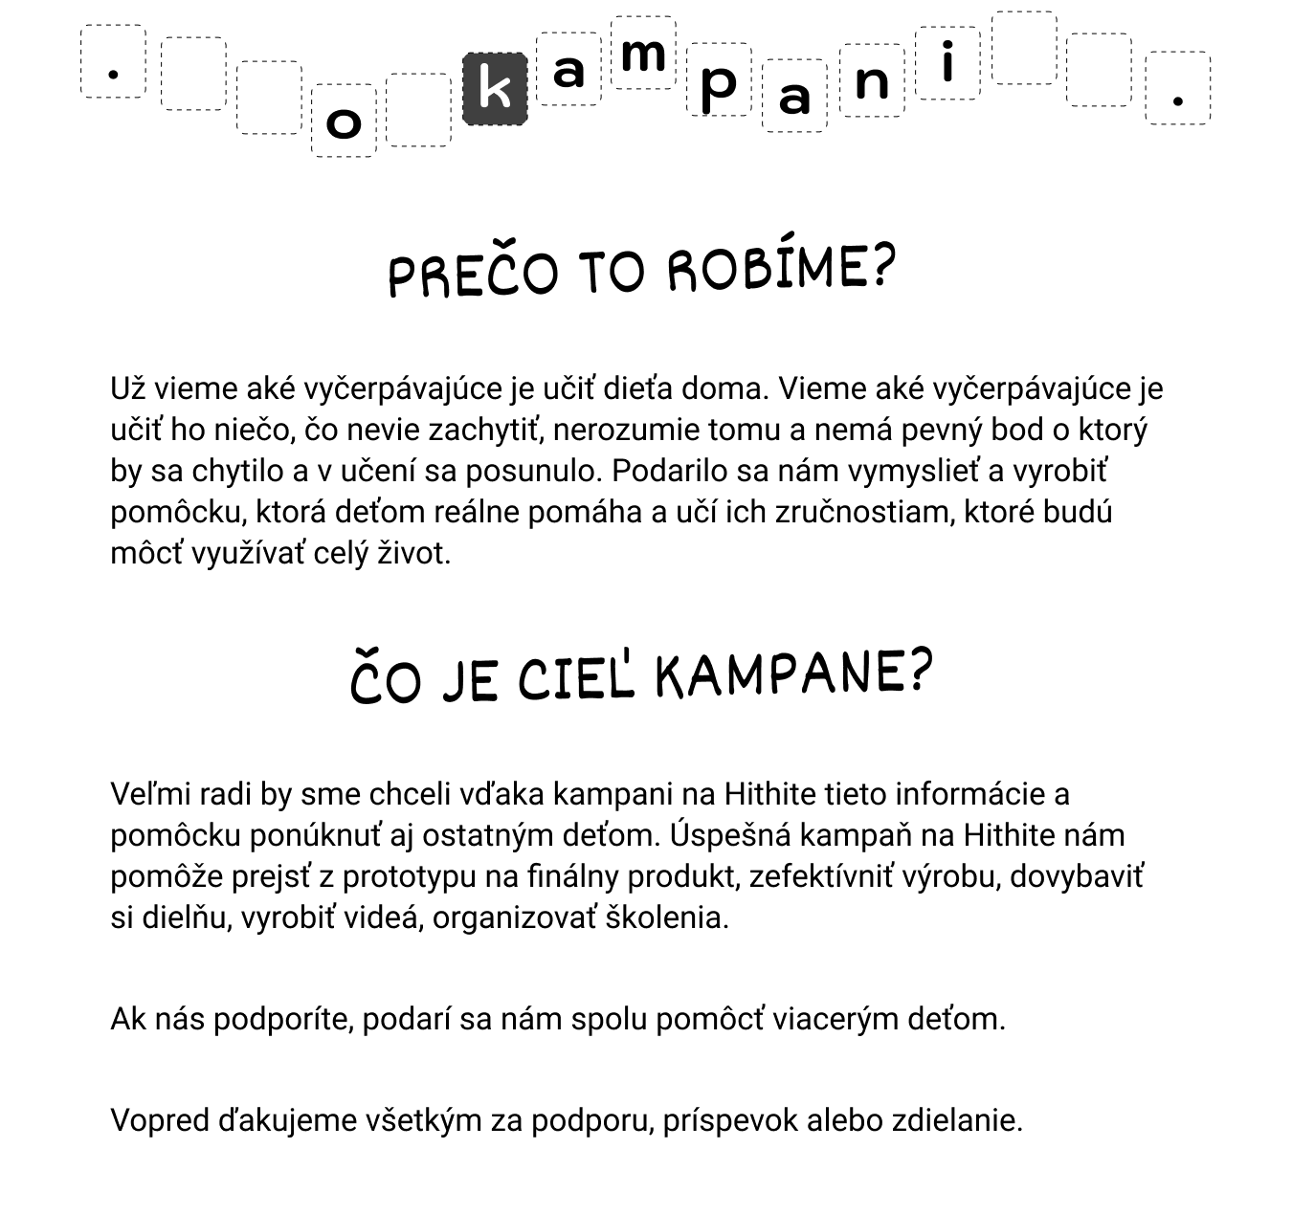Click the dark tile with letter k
pyautogui.click(x=495, y=89)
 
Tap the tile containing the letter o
pyautogui.click(x=344, y=121)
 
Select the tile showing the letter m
pyautogui.click(x=643, y=53)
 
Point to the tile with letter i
pyautogui.click(x=947, y=63)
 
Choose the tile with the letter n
pyautogui.click(x=872, y=80)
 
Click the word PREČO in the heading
pyautogui.click(x=473, y=273)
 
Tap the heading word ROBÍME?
pyautogui.click(x=780, y=268)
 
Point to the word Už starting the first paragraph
pyautogui.click(x=128, y=388)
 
